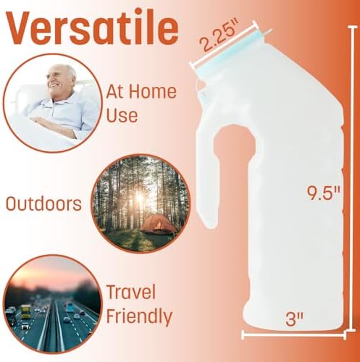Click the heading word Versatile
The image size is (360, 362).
point(93,27)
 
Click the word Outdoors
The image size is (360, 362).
point(43,204)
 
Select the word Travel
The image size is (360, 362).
point(131,292)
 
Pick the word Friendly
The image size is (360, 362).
point(139,316)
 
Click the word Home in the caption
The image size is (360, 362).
point(154,92)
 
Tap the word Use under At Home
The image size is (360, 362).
point(122,115)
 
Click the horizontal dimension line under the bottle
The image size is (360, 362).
point(294,335)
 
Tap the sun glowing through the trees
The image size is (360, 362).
point(140,198)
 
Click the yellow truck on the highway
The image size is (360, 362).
point(25,311)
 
